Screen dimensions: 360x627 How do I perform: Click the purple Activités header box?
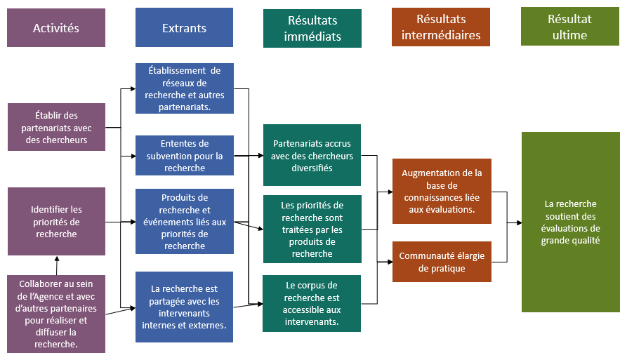coord(56,28)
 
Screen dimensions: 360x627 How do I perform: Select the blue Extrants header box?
coord(184,28)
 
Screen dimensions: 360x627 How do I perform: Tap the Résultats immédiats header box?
coord(312,28)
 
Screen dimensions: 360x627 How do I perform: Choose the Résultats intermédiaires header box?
coord(440,28)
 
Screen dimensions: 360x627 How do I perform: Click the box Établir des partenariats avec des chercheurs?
coord(56,127)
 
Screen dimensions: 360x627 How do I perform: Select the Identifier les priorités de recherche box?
coord(56,221)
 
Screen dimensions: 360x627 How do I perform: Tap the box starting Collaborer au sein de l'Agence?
coord(56,314)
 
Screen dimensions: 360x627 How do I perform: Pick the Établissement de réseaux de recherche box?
coord(184,88)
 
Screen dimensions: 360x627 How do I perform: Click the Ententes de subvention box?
coord(184,156)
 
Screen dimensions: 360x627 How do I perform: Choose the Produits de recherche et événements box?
coord(184,221)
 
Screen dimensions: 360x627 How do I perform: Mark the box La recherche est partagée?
coord(184,307)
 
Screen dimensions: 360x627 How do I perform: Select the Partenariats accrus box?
coord(312,155)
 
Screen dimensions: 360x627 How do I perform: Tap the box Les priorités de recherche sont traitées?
coord(312,229)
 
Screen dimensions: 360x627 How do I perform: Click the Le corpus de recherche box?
coord(312,303)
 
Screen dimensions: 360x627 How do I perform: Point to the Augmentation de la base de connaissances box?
coord(442,191)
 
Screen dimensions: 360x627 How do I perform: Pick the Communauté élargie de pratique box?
coord(442,262)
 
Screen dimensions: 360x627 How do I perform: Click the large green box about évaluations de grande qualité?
coord(570,222)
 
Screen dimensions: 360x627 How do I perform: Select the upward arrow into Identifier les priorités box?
coord(57,261)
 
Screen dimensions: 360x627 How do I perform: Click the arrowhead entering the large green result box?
coord(518,222)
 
